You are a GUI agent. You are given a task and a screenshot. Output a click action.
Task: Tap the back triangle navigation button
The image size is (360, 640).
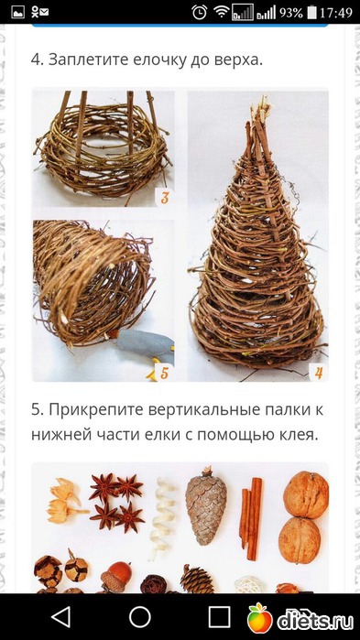[x=61, y=616]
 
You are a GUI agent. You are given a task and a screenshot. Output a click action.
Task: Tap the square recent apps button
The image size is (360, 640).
[x=219, y=616]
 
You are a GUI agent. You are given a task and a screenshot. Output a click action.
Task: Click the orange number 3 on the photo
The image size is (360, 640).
[x=165, y=198]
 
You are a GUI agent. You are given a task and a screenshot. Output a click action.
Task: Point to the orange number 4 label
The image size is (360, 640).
[x=319, y=373]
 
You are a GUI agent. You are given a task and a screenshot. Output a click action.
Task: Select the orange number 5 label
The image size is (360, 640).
[x=164, y=373]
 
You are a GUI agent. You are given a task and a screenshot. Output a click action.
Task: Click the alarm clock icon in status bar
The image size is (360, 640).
[x=200, y=12]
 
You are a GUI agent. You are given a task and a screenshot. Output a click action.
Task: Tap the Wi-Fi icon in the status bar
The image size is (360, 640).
[x=222, y=12]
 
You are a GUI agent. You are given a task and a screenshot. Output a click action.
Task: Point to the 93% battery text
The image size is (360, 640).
[x=290, y=13]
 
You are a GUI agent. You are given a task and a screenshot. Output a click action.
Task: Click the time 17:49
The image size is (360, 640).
[x=335, y=13]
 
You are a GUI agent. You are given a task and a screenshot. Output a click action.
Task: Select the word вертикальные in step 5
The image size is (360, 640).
[x=185, y=410]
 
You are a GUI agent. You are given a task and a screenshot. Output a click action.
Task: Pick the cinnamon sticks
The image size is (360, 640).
[x=251, y=517]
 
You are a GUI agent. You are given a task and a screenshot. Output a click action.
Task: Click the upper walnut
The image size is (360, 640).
[x=306, y=494]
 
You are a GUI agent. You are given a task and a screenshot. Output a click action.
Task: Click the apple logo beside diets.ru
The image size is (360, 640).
[x=259, y=617]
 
